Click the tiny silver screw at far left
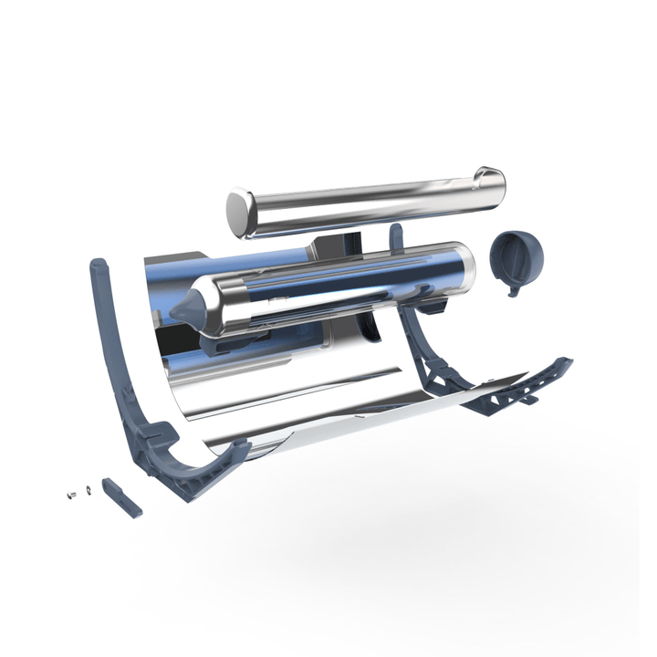coord(70,495)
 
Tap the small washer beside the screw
coord(86,490)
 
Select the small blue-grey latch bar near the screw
coord(120,496)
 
